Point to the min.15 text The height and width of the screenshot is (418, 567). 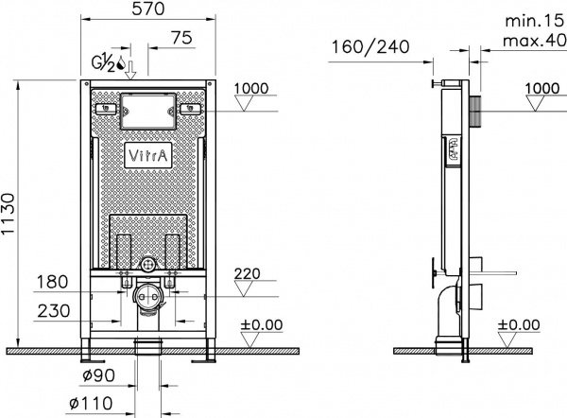pos(529,19)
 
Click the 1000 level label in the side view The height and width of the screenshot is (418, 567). pos(541,88)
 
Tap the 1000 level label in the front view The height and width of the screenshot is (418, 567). pos(251,89)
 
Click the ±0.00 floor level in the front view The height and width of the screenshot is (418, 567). pos(261,324)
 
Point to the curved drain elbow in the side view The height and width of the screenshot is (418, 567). pos(444,317)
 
